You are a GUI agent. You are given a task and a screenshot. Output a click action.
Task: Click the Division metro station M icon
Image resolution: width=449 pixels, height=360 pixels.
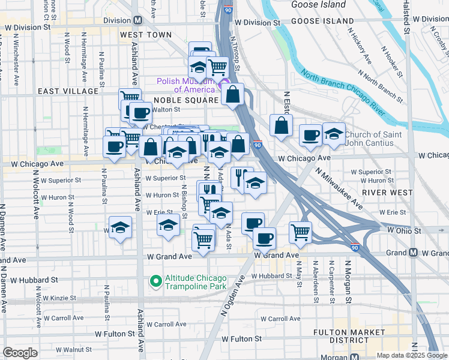(x=137, y=20)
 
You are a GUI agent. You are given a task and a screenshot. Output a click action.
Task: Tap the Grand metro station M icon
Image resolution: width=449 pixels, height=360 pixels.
(x=413, y=253)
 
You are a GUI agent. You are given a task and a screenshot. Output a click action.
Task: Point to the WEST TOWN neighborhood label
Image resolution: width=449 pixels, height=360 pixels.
(x=145, y=35)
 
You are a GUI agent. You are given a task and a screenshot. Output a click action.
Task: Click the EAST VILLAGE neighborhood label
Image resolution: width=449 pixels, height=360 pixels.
(x=68, y=91)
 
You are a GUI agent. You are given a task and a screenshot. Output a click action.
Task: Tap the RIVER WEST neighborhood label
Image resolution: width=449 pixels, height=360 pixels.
(x=388, y=193)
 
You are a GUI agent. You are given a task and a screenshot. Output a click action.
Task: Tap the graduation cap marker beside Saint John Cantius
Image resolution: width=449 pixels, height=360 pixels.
(x=334, y=134)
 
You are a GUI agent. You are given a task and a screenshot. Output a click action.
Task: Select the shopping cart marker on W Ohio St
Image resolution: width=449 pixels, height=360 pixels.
(x=300, y=232)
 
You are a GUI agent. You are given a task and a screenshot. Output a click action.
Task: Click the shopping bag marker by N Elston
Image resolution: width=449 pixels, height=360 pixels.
(x=281, y=125)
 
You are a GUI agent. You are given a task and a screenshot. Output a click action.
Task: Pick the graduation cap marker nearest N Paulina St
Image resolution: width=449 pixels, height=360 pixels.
(x=120, y=227)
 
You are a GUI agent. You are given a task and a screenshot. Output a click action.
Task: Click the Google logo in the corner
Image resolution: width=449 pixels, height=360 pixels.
(x=20, y=353)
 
